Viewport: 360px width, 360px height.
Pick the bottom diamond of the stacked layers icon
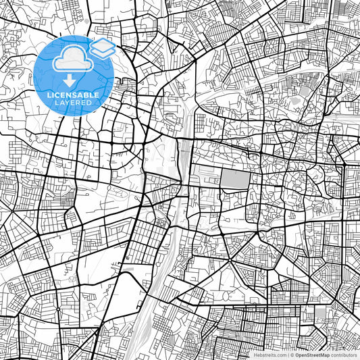[103, 51]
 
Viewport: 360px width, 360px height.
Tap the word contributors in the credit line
[344, 355]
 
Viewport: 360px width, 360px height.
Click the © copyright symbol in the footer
[292, 355]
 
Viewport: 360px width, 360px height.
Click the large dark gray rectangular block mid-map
[234, 179]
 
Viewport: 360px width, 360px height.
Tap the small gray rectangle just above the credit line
[322, 311]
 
